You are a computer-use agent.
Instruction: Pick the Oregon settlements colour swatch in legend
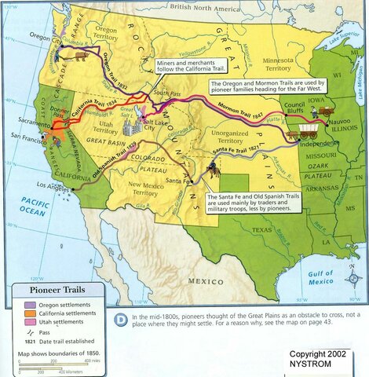24,304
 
